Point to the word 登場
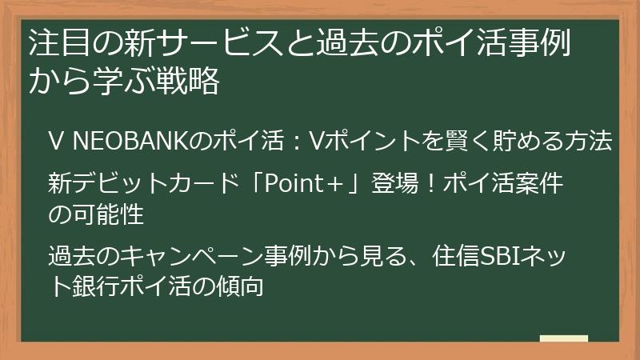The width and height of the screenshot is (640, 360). [390, 185]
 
